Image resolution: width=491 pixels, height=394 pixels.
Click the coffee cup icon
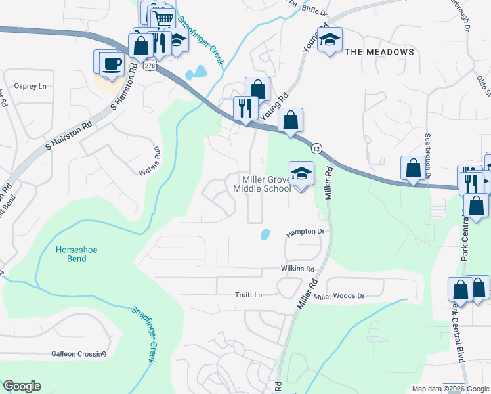tap(112, 64)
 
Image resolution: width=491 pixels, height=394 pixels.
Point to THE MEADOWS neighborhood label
tap(379, 52)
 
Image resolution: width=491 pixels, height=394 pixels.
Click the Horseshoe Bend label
tap(73, 254)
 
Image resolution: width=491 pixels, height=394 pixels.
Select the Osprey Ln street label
tap(30, 87)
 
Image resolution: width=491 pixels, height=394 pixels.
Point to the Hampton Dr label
tap(305, 232)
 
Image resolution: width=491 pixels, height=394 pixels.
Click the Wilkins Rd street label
tap(297, 269)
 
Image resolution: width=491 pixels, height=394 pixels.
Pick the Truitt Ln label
tap(249, 295)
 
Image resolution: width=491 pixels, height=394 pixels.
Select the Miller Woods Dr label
tap(339, 297)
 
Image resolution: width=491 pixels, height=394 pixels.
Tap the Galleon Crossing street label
tap(79, 354)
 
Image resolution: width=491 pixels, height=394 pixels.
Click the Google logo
tap(22, 386)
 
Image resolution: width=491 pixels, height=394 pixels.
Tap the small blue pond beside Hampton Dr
tap(265, 234)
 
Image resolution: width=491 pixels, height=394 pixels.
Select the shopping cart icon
tap(164, 18)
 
